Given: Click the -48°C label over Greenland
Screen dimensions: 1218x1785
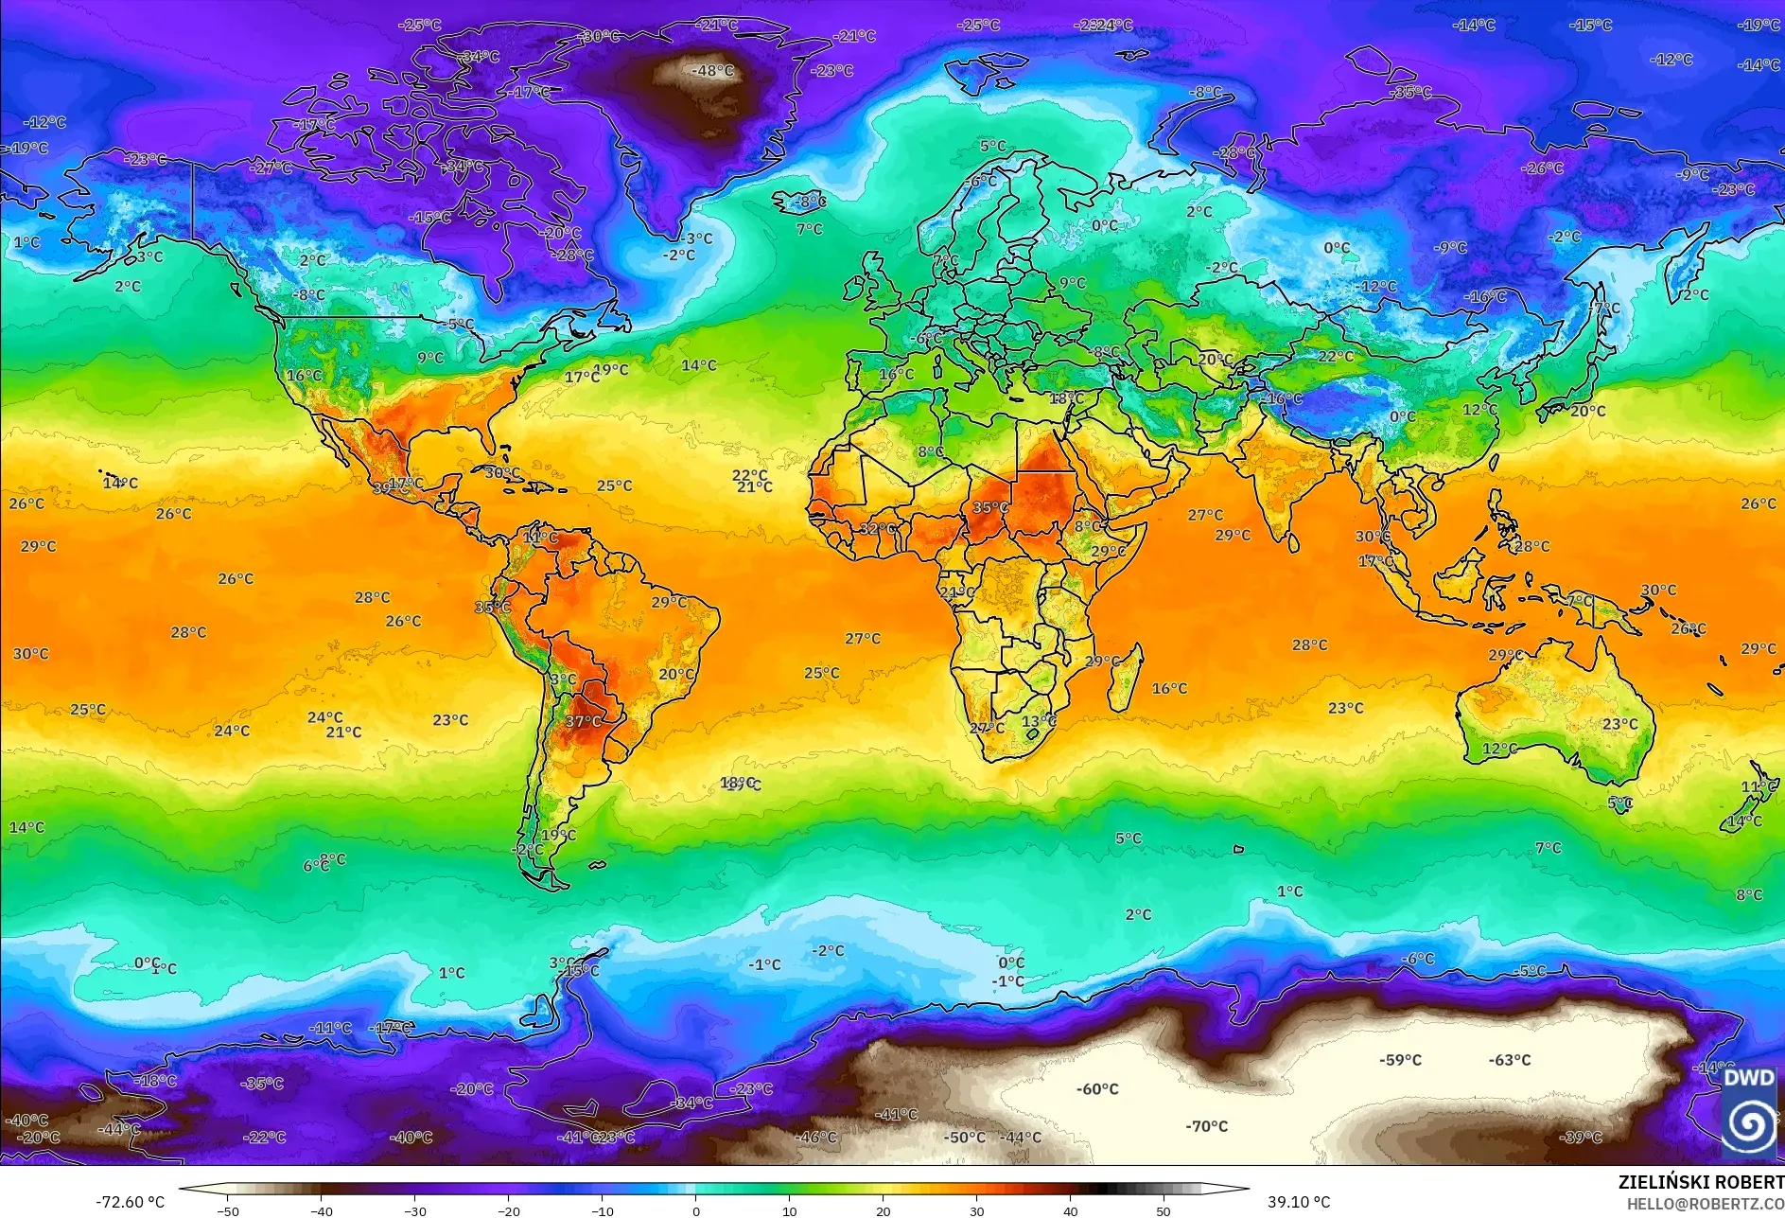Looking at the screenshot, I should pyautogui.click(x=712, y=71).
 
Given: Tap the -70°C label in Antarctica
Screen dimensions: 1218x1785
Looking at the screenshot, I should pyautogui.click(x=1206, y=1126).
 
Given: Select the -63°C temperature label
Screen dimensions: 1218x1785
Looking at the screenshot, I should pyautogui.click(x=1509, y=1060).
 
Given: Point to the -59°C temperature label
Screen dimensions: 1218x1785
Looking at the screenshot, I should pyautogui.click(x=1400, y=1060).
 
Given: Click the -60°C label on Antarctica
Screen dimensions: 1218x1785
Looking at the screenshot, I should pyautogui.click(x=1096, y=1089).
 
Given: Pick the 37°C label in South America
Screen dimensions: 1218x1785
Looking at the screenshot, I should pyautogui.click(x=583, y=721).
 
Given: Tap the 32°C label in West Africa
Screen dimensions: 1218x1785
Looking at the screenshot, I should pyautogui.click(x=877, y=529).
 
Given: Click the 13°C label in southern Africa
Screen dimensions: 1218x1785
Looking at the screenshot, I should pyautogui.click(x=1039, y=721).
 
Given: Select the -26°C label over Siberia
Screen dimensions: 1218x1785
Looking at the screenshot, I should pyautogui.click(x=1542, y=168).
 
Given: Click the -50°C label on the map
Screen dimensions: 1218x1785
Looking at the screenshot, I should pyautogui.click(x=964, y=1138).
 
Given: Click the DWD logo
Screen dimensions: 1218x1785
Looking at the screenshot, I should pyautogui.click(x=1748, y=1110).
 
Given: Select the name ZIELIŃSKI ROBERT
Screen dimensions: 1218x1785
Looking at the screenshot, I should pyautogui.click(x=1700, y=1182).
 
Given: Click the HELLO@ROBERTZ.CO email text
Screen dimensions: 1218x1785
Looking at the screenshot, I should pyautogui.click(x=1705, y=1204).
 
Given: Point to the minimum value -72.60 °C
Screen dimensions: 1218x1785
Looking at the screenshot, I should pyautogui.click(x=130, y=1202).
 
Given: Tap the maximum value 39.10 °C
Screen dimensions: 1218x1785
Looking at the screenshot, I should pyautogui.click(x=1298, y=1202).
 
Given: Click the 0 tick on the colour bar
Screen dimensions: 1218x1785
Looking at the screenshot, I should pyautogui.click(x=696, y=1210).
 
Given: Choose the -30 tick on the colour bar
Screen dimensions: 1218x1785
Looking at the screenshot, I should pyautogui.click(x=415, y=1210).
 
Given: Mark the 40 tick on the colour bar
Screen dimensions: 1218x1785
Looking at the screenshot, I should pyautogui.click(x=1070, y=1210).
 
